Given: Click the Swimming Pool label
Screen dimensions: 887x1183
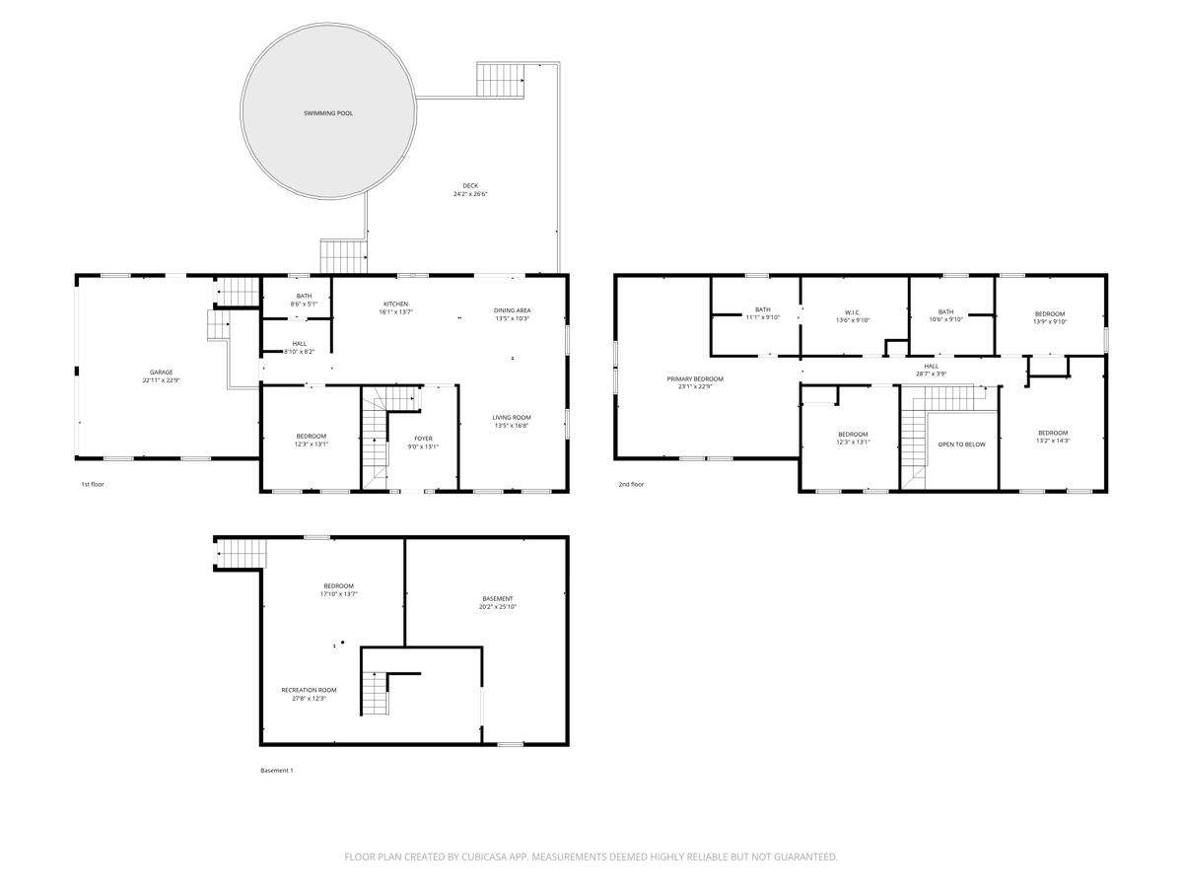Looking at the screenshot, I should [x=328, y=113].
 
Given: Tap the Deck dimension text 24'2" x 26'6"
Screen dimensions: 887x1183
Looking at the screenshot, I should [x=470, y=194].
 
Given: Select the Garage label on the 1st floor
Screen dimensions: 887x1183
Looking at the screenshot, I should [x=162, y=373].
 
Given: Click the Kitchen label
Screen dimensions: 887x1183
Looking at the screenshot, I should [x=395, y=304].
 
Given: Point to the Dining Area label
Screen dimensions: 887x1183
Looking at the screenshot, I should [x=513, y=310].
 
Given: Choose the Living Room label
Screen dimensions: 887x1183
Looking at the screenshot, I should [x=512, y=417].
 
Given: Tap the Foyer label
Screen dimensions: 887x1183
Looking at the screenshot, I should [x=423, y=439].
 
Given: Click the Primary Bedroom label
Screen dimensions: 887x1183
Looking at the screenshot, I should [x=695, y=378].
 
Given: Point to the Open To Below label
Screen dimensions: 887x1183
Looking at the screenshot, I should [x=961, y=444].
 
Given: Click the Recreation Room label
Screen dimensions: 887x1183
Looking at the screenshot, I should [x=309, y=690].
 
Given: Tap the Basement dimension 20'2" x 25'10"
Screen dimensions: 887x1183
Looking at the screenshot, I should [x=498, y=607].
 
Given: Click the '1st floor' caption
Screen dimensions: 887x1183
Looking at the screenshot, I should [x=93, y=484].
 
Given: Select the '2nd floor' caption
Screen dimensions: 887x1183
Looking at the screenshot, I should [x=631, y=484].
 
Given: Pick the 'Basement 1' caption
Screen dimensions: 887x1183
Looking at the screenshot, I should [x=277, y=770].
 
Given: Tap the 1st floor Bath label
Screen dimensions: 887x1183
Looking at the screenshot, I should [x=304, y=296].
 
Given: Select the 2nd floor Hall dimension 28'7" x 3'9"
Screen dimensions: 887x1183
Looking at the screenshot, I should [x=932, y=374].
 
